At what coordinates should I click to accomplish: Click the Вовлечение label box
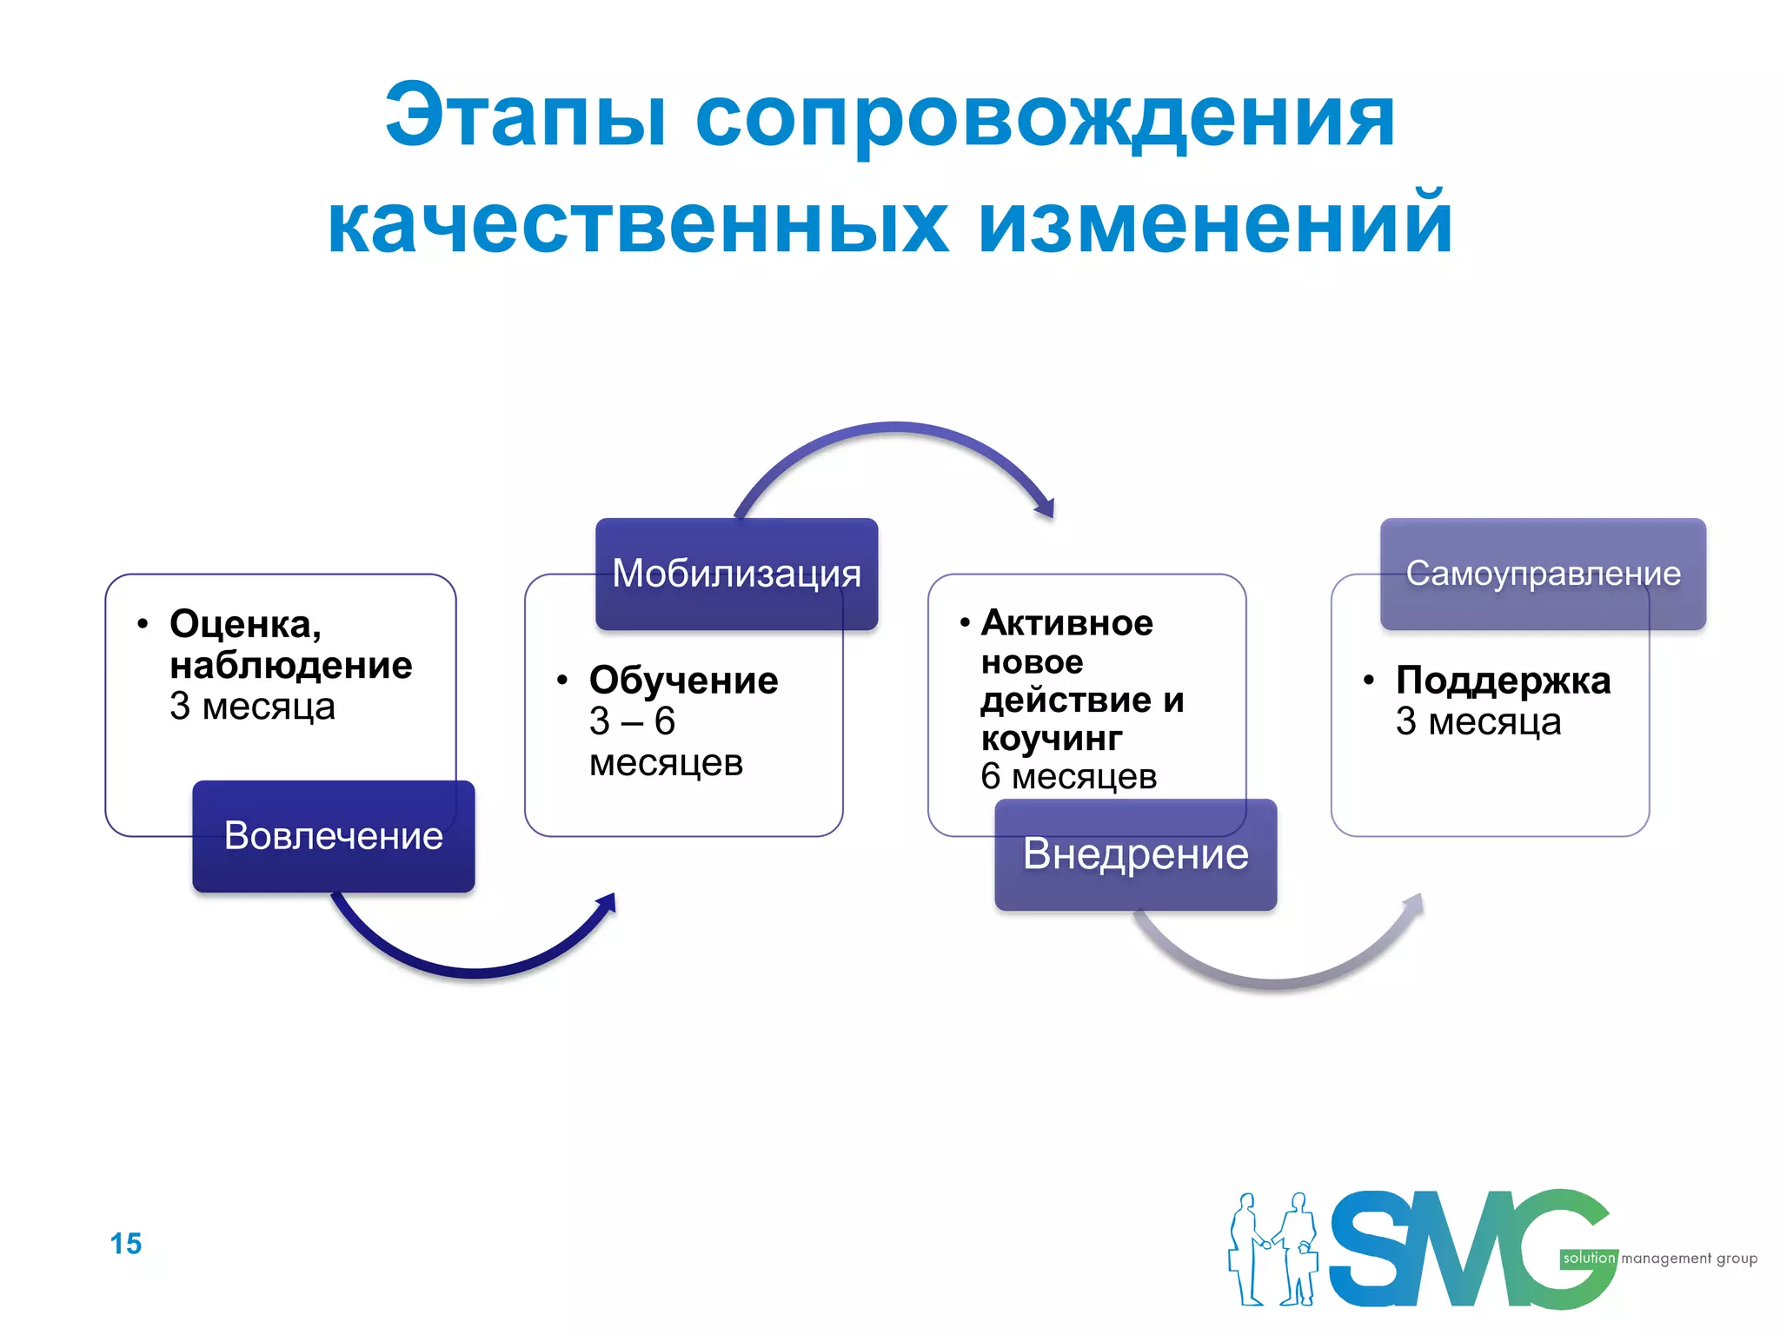tap(334, 836)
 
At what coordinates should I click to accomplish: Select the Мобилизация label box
tap(736, 574)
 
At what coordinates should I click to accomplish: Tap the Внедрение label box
tap(1135, 854)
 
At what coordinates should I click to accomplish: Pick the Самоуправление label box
tap(1543, 574)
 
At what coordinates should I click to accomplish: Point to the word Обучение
tap(683, 681)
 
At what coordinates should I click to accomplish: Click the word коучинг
tap(1051, 739)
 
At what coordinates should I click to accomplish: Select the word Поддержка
tap(1503, 681)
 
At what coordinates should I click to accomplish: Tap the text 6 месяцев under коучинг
tap(1068, 777)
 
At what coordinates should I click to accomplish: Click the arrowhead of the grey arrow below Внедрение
tap(1414, 904)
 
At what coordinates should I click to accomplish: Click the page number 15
tap(126, 1244)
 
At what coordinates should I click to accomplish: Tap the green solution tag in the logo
tap(1588, 1259)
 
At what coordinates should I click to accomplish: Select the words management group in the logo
tap(1689, 1259)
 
